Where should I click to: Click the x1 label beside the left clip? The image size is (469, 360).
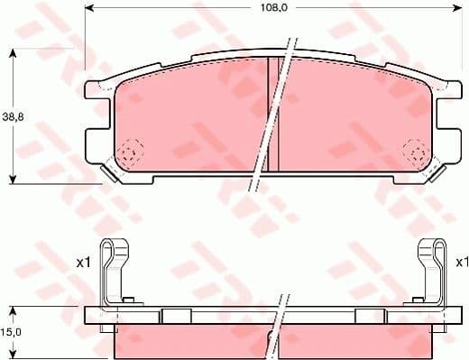click(83, 262)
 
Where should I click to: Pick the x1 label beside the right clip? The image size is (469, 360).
click(461, 262)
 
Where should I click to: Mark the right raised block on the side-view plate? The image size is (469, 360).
click(370, 315)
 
